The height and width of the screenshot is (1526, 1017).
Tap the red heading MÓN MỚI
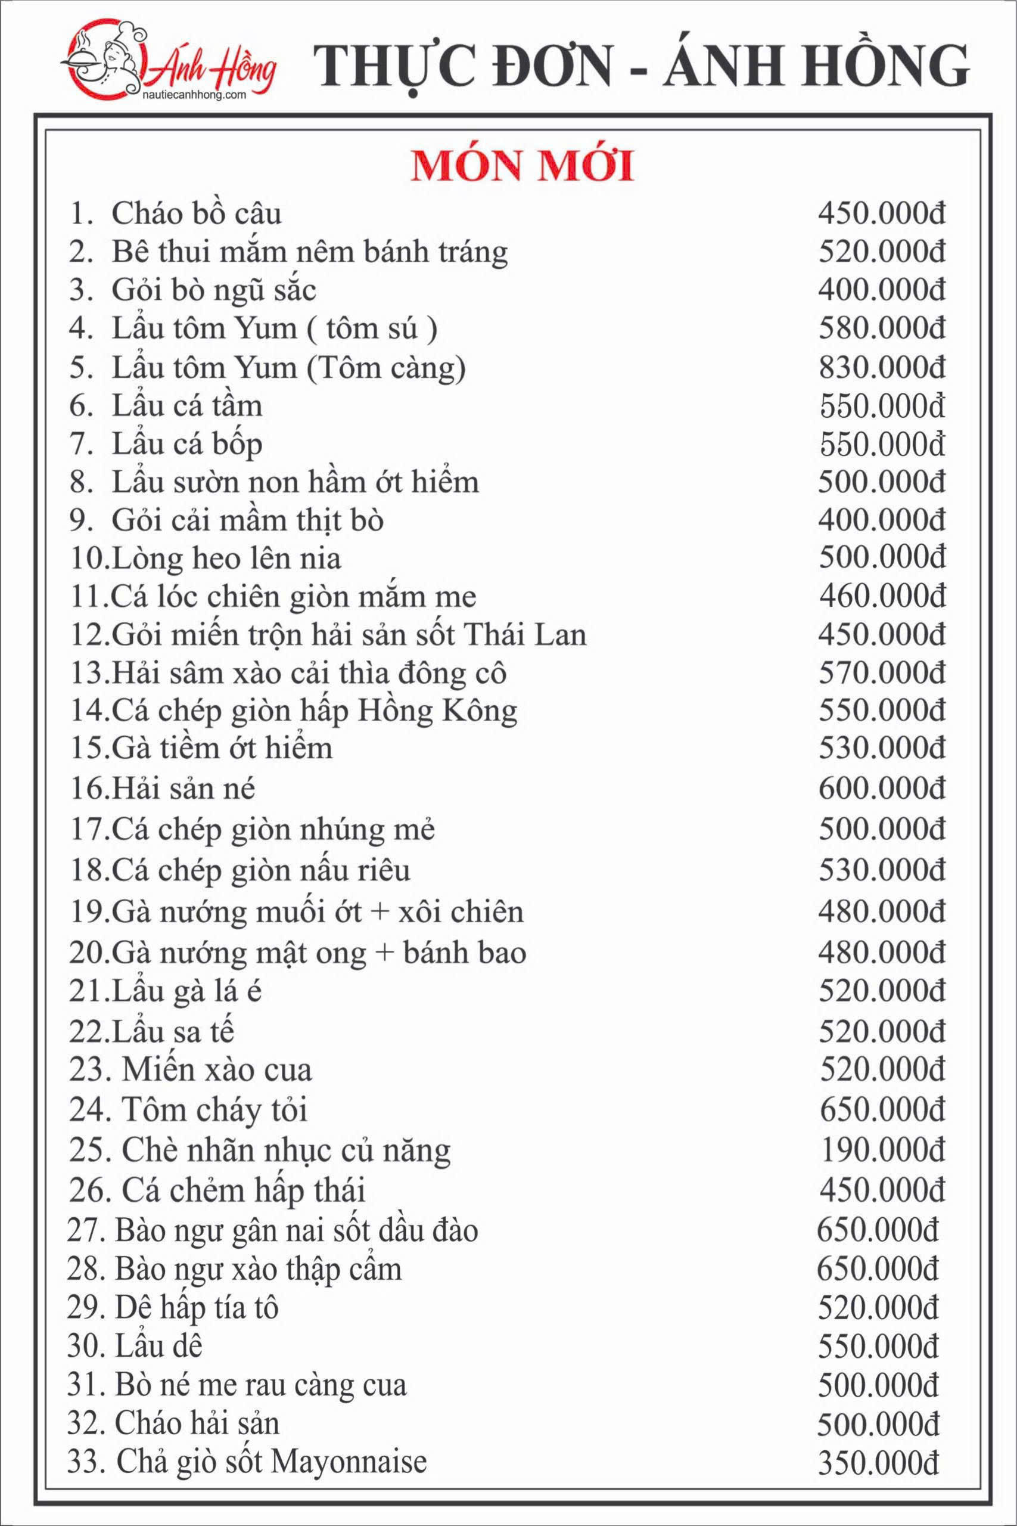[x=523, y=168]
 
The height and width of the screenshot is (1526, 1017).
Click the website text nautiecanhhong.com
[x=194, y=95]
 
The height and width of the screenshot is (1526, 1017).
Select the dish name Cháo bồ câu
[x=197, y=214]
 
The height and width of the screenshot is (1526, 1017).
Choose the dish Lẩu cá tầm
[x=188, y=406]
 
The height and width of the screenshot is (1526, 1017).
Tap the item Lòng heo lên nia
[x=226, y=559]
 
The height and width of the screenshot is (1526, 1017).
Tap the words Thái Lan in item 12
[x=526, y=635]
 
